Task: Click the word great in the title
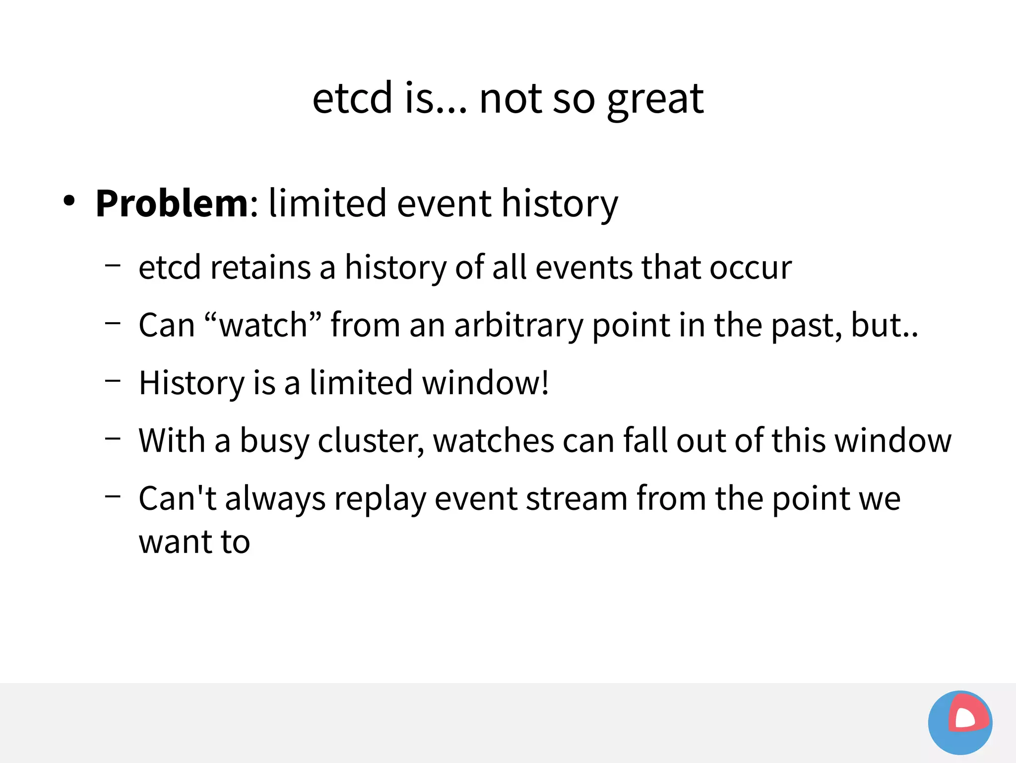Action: pos(655,99)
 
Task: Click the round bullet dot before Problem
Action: pos(69,201)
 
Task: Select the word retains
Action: pos(260,268)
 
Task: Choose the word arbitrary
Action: pos(518,326)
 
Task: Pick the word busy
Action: pos(274,441)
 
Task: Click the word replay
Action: pos(380,499)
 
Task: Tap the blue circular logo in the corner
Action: pos(960,722)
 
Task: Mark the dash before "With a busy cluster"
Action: pos(113,438)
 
